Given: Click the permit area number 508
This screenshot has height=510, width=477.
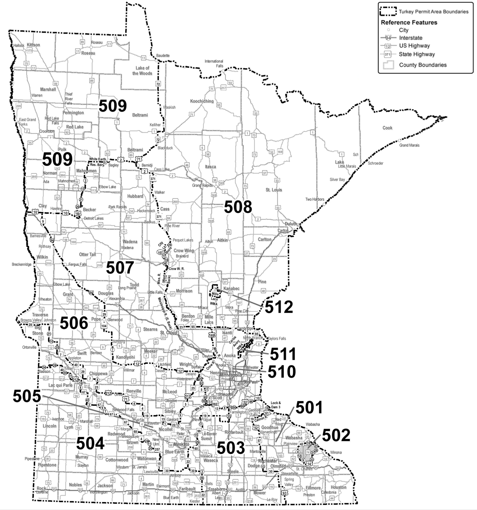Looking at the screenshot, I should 238,207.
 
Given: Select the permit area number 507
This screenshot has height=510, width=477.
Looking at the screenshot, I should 120,268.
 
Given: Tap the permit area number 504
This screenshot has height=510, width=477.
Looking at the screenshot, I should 90,443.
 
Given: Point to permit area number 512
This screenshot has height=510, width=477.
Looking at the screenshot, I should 279,307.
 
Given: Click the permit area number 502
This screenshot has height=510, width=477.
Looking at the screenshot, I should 336,435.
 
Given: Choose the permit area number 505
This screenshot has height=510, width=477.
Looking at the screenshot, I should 27,396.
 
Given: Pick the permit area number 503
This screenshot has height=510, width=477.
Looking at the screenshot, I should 231,448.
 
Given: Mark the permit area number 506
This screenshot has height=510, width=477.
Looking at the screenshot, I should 74,323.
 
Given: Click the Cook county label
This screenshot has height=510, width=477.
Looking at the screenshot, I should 387,128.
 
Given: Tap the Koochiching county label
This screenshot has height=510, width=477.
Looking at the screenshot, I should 202,101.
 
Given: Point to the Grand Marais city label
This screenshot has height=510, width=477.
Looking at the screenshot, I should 409,146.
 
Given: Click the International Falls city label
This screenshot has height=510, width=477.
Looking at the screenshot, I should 214,64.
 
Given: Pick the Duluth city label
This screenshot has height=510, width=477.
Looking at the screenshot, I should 291,224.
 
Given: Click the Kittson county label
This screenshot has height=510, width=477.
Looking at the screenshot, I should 33,45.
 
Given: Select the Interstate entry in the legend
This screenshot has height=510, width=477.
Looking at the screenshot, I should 411,38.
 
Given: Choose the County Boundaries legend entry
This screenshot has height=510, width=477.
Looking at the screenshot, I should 423,65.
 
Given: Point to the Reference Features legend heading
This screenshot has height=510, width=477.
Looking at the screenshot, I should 409,22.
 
